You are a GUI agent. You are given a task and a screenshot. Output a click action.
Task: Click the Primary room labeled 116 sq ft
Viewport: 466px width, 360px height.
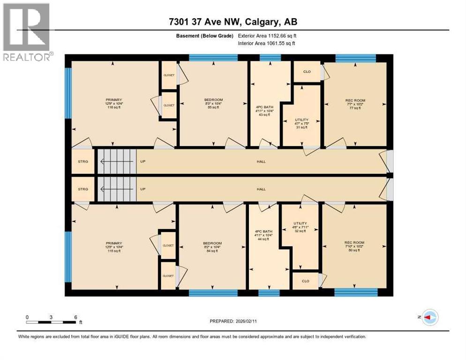point(114,104)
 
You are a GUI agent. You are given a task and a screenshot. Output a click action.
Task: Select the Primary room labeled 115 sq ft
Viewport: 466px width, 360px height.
point(114,247)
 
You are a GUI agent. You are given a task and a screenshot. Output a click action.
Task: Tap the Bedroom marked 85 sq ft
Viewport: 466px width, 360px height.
point(213,104)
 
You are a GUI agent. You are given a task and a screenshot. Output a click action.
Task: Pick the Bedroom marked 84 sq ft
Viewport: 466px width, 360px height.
point(212,247)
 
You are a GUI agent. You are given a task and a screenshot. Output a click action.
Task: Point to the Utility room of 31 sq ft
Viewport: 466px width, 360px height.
point(301,123)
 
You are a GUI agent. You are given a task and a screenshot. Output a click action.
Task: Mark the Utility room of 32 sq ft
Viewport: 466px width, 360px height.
point(300,227)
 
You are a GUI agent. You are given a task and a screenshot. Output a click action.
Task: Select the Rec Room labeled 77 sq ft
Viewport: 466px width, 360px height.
point(355,104)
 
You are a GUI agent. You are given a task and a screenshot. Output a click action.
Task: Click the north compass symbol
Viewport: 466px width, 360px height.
point(429,318)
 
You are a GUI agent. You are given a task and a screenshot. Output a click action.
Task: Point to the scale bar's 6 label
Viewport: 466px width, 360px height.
point(75,317)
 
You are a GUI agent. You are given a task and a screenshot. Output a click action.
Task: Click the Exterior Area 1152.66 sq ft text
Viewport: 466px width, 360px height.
point(267,35)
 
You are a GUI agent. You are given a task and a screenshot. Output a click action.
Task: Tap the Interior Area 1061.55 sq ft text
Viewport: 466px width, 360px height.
point(267,44)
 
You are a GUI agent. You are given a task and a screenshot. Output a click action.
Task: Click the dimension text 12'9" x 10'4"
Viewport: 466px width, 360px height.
point(114,104)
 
